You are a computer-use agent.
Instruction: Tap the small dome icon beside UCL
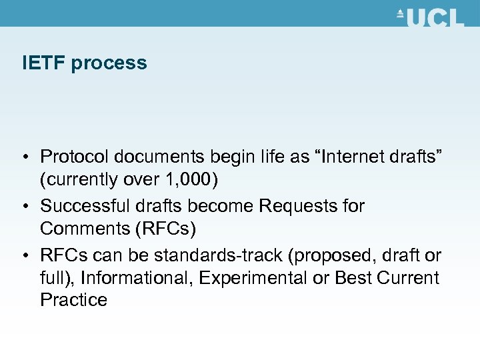point(401,13)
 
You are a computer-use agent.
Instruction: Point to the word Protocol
point(75,157)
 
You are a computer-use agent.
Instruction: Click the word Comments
point(85,229)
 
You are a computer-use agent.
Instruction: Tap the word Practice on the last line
point(73,300)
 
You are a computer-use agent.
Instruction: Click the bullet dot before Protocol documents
point(25,157)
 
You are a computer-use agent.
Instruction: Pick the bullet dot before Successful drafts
point(25,206)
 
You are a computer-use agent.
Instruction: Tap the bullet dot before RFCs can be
point(25,255)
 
